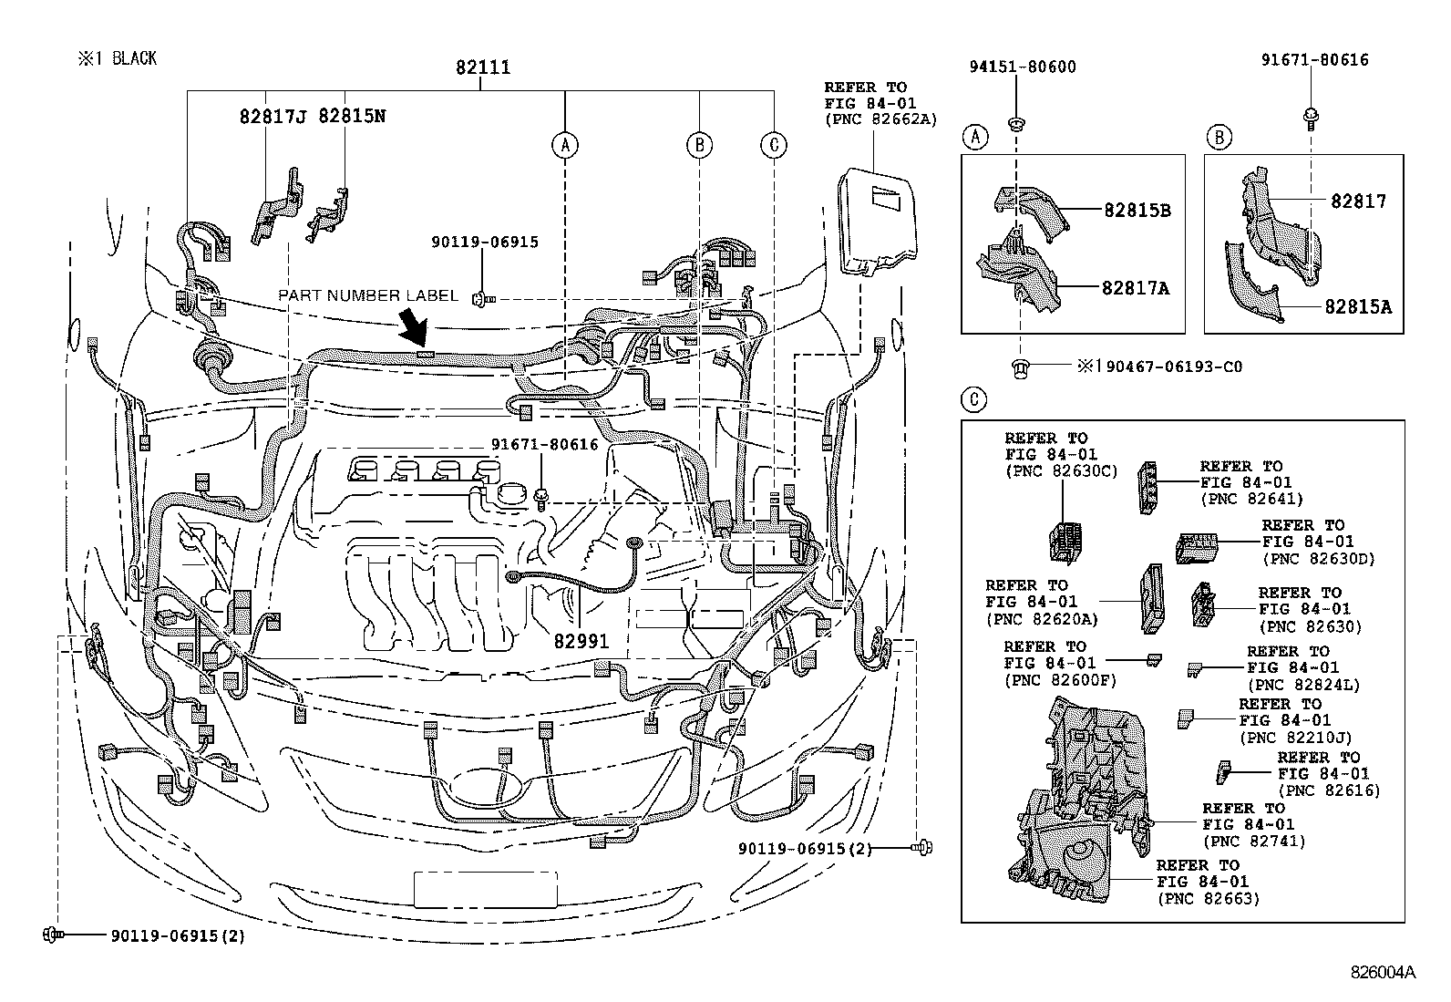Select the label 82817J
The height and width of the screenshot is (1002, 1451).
(x=273, y=117)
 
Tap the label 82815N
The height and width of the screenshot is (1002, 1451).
(x=351, y=117)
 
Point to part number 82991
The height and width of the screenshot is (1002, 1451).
(x=581, y=641)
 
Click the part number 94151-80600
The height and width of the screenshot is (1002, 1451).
(x=1022, y=67)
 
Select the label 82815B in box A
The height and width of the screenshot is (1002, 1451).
(x=1137, y=210)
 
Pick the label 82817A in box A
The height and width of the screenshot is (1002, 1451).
(x=1135, y=288)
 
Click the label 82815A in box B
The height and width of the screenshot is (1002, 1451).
(x=1358, y=307)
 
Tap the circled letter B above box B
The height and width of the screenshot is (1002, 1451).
(x=1219, y=138)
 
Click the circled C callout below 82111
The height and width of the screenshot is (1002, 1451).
(x=773, y=144)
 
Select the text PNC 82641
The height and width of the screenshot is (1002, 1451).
(x=1252, y=499)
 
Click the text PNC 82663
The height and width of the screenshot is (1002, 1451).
(x=1209, y=898)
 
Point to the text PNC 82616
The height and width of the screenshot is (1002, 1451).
(x=1329, y=790)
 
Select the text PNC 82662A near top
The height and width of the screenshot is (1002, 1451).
(x=880, y=119)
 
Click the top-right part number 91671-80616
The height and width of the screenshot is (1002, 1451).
(x=1314, y=60)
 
